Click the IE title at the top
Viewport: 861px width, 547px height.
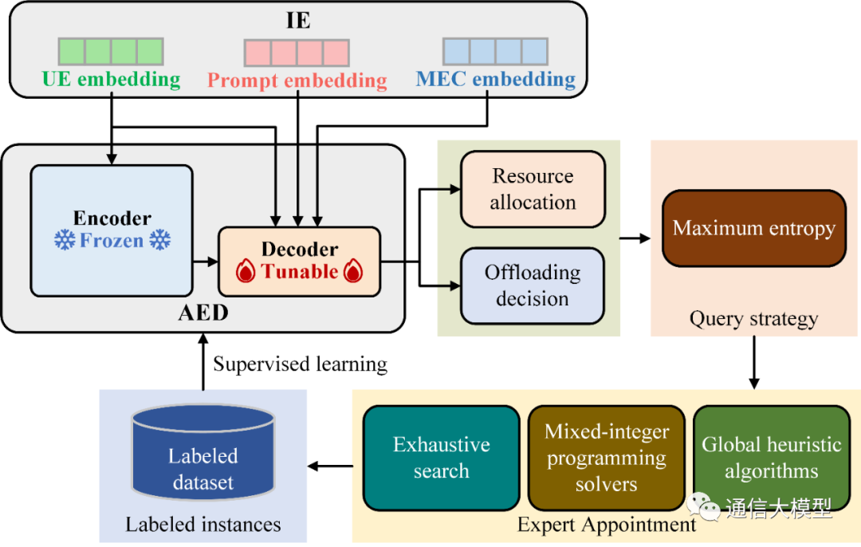pos(298,18)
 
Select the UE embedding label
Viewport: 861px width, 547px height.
pos(112,80)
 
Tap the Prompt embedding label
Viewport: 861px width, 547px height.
pos(297,81)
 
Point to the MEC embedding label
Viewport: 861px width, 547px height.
pos(495,80)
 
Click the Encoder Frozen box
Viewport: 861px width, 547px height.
pos(112,230)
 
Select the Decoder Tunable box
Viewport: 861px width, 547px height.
pos(299,261)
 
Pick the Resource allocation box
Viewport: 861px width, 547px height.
pos(533,189)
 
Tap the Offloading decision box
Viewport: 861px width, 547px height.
pos(533,285)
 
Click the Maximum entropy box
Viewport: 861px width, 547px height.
pos(753,228)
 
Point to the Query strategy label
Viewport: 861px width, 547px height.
pos(753,320)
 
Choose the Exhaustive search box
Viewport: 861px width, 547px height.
pos(441,458)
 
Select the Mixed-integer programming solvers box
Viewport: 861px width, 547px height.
pos(606,458)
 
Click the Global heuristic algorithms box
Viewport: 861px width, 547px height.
pos(771,458)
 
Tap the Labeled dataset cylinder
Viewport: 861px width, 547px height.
pos(202,462)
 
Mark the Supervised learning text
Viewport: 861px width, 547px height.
pos(300,364)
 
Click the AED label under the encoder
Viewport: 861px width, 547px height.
pos(202,313)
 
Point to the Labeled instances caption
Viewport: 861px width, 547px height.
pos(202,524)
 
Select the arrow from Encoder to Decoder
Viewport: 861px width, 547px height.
pos(205,261)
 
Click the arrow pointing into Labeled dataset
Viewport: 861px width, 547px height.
pos(331,466)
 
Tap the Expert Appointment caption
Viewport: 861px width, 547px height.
pos(606,525)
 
